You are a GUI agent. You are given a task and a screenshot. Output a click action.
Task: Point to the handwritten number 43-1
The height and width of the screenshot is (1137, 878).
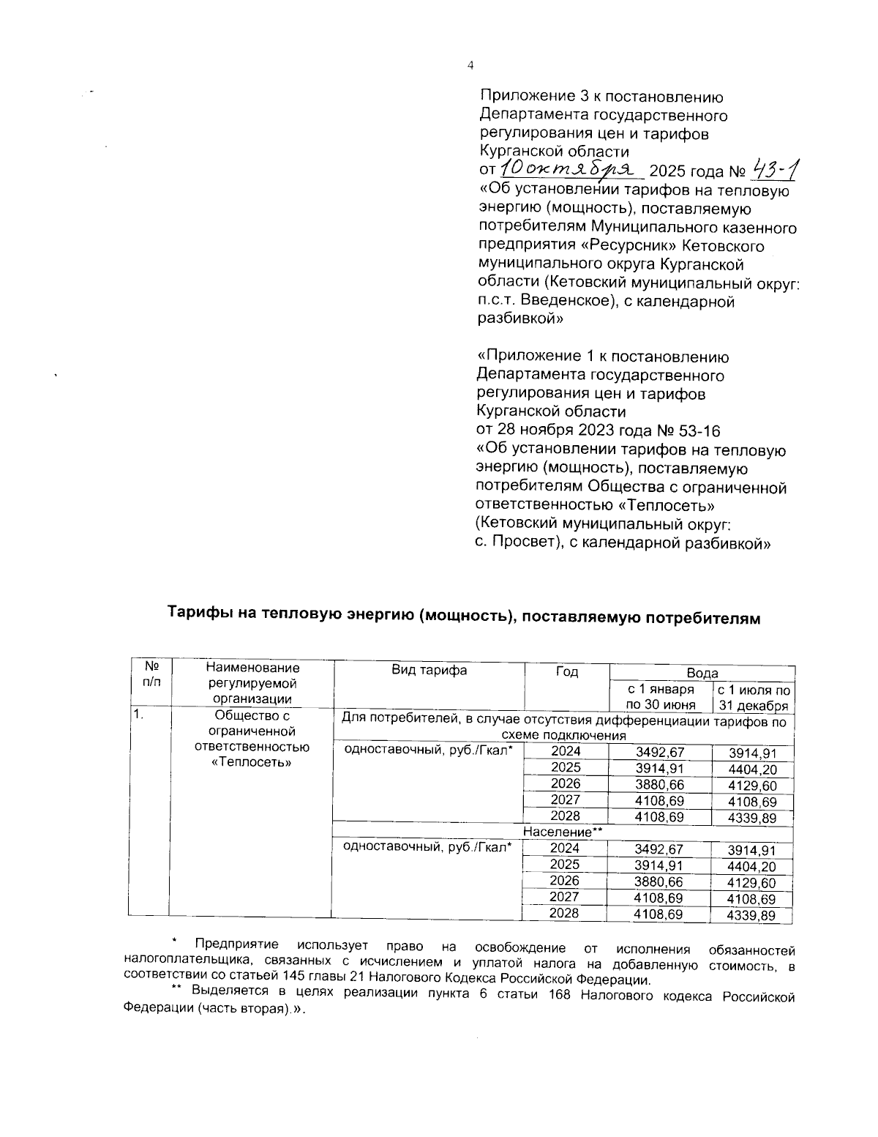point(774,171)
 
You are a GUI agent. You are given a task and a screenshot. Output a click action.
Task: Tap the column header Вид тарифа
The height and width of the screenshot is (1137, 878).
point(429,671)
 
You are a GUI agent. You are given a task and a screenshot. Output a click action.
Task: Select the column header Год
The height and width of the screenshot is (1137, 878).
point(566,672)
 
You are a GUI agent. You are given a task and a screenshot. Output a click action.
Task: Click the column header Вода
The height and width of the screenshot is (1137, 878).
point(702,673)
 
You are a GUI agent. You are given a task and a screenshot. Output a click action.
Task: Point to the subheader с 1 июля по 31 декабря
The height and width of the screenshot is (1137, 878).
point(753,698)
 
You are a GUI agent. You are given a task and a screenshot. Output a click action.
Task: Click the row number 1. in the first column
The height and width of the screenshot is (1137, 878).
point(138,715)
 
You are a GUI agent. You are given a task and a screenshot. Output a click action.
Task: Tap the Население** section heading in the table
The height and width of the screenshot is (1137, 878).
point(563,832)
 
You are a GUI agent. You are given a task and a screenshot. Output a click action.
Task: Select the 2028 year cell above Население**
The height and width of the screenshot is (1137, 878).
point(566,816)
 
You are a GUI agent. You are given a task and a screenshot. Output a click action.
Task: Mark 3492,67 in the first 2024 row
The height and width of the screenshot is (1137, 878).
point(658,752)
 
